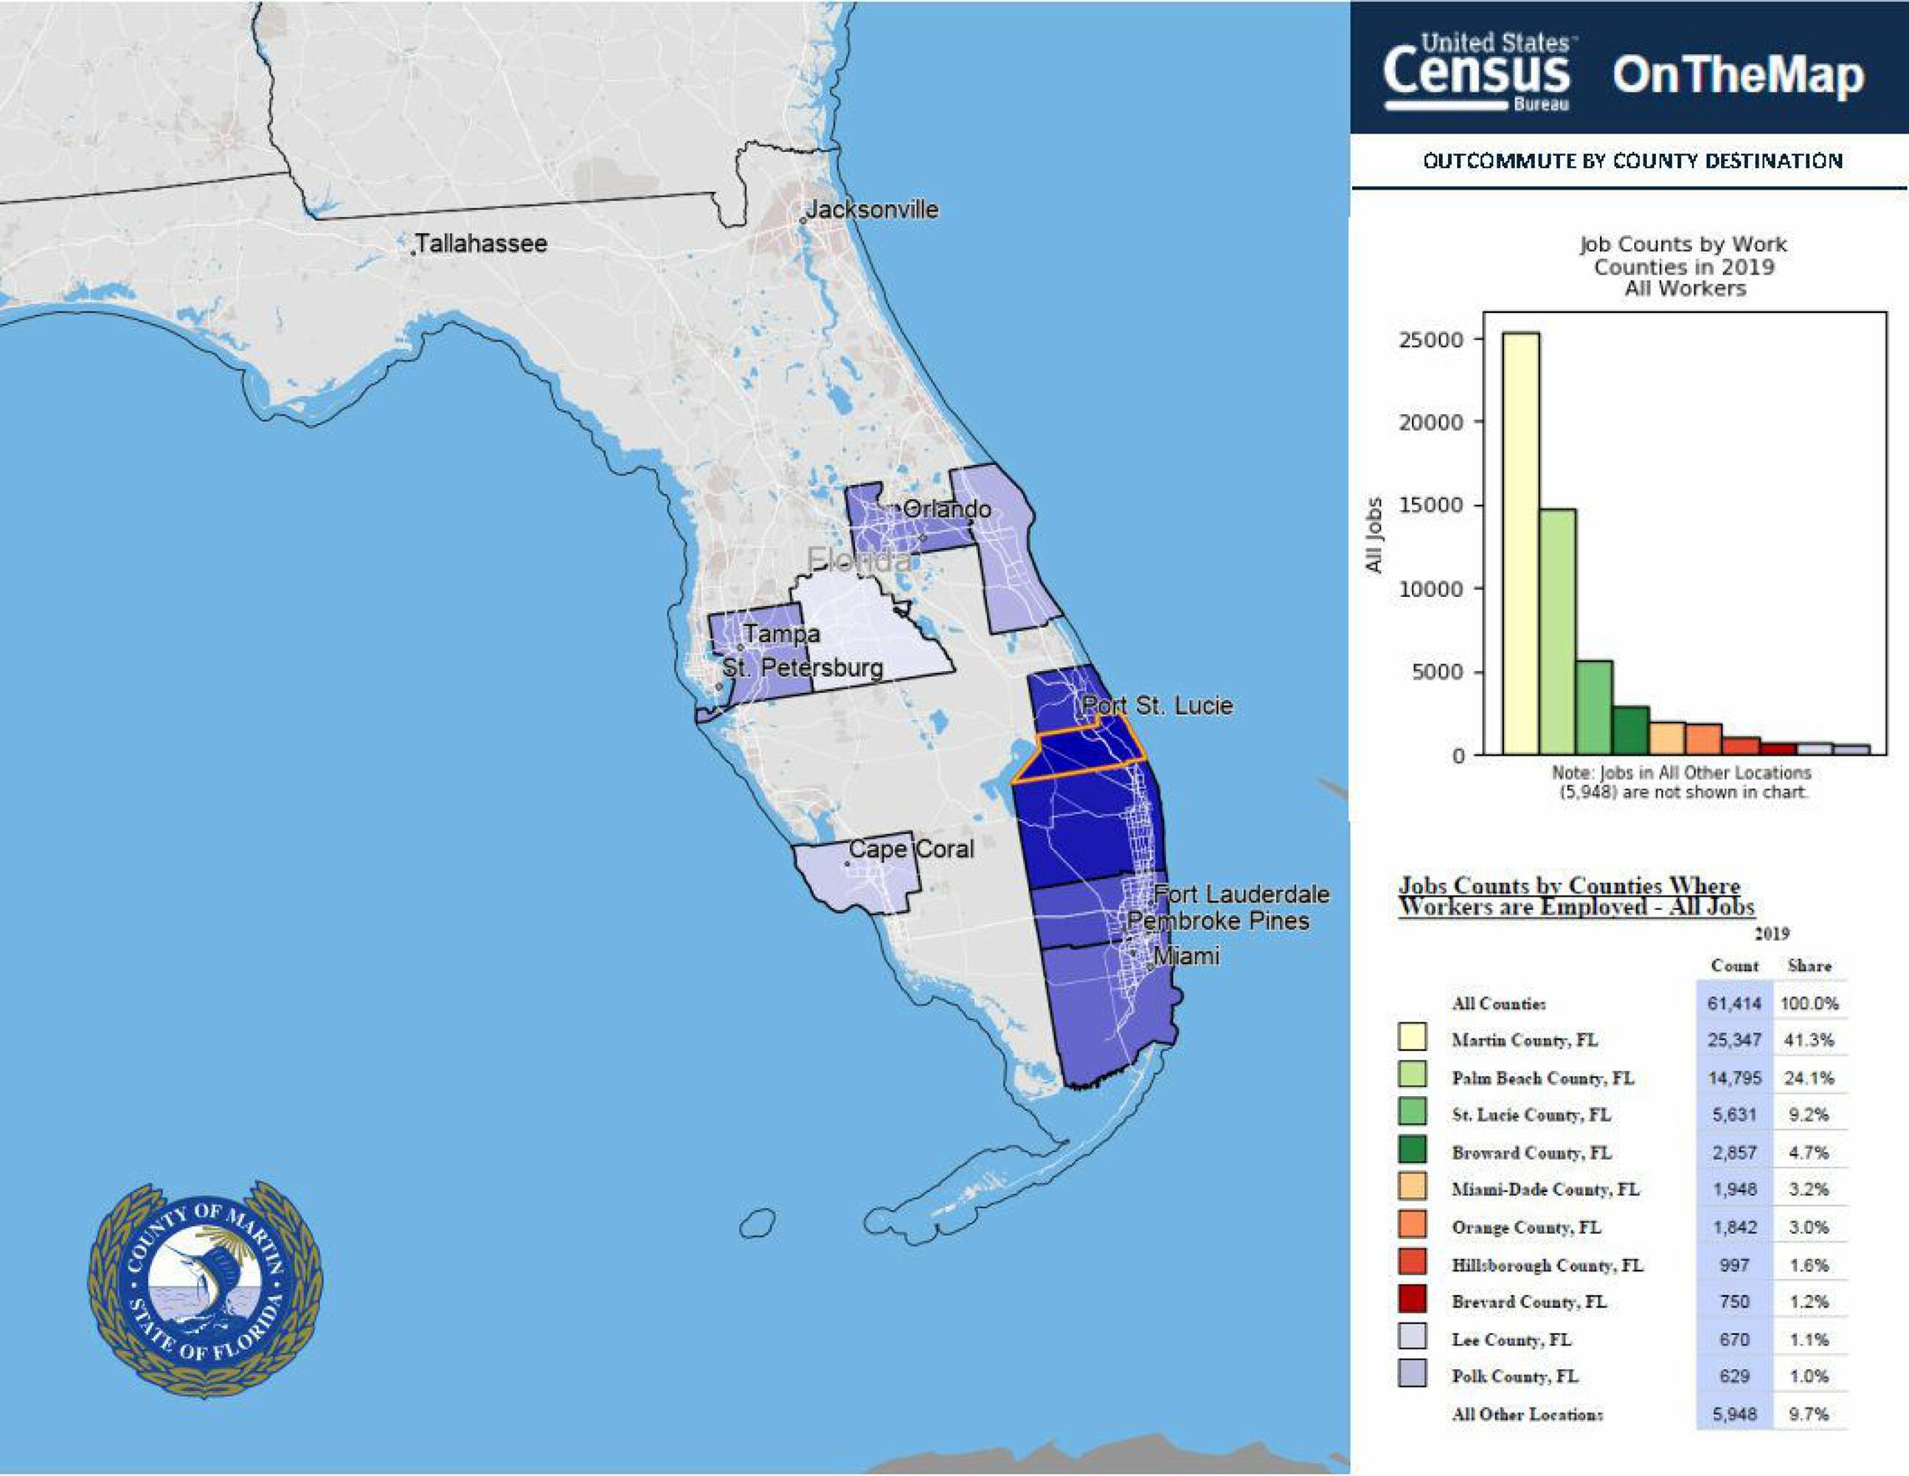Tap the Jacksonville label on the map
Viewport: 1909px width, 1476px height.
(x=871, y=209)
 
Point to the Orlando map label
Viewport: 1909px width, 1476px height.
(x=946, y=509)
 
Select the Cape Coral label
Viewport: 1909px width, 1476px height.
(x=911, y=848)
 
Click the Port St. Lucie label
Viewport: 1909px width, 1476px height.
(x=1157, y=706)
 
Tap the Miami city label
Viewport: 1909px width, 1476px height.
(x=1186, y=956)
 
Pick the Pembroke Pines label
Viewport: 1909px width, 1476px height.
(x=1218, y=921)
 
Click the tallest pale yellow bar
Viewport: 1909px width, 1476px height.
(x=1521, y=542)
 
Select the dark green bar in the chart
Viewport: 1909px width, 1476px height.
(x=1630, y=730)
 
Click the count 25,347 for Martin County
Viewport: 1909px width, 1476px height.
(x=1734, y=1040)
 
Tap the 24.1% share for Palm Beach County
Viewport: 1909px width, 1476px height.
(x=1809, y=1077)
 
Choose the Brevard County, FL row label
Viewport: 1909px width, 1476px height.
(x=1529, y=1301)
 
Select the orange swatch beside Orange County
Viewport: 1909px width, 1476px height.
(x=1413, y=1224)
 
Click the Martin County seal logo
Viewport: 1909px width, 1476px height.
(x=205, y=1288)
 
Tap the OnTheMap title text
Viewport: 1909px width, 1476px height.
(x=1738, y=76)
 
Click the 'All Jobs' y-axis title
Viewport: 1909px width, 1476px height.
(x=1374, y=535)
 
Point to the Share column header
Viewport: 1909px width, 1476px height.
(x=1809, y=965)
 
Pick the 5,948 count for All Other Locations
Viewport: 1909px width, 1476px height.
(x=1734, y=1414)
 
